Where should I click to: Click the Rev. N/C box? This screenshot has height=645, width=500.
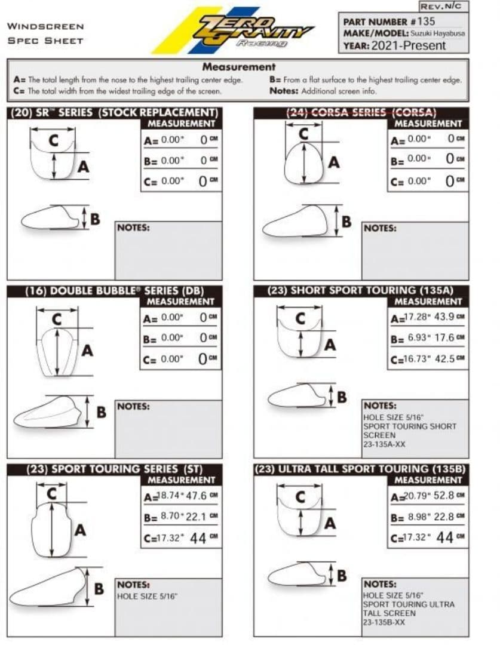click(442, 7)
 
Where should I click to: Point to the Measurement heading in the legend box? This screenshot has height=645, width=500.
click(238, 67)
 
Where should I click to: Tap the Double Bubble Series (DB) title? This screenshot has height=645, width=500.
click(115, 291)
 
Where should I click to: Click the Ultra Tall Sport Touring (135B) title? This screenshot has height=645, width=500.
click(360, 469)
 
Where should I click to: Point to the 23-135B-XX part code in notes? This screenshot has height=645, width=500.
click(384, 622)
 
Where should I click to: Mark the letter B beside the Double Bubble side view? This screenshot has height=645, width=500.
click(102, 411)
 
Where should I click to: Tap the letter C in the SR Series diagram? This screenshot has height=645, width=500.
click(54, 140)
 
